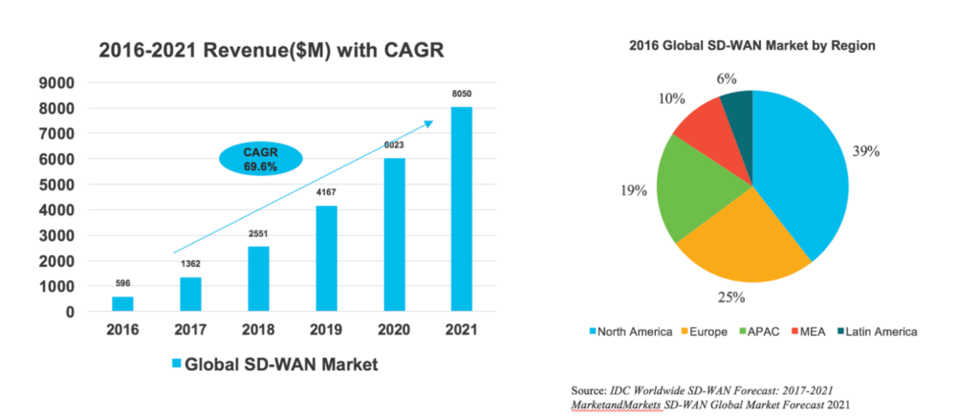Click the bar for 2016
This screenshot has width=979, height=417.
click(x=123, y=303)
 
